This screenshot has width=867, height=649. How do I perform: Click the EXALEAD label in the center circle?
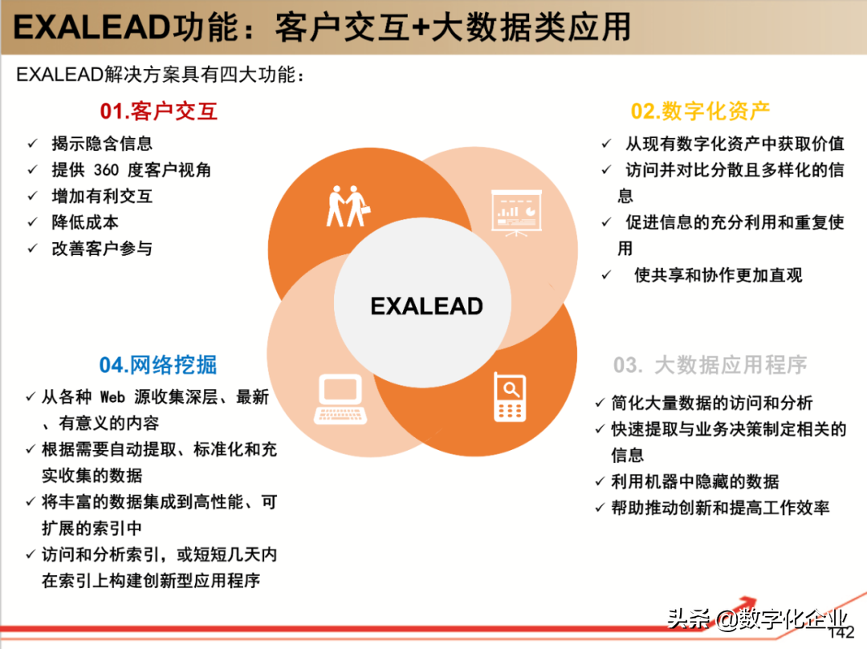click(x=426, y=306)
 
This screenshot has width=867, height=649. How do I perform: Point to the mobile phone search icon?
click(x=510, y=397)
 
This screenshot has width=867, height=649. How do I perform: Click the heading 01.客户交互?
click(x=159, y=111)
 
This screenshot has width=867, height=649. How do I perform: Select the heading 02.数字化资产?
click(x=701, y=111)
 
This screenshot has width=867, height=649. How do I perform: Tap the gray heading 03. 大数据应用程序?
click(x=710, y=366)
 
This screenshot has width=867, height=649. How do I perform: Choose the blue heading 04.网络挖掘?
click(x=158, y=365)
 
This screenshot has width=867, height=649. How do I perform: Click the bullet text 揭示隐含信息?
click(x=102, y=144)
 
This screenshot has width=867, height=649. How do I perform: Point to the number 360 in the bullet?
click(x=106, y=170)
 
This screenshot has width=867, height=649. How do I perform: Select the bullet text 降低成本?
click(x=85, y=222)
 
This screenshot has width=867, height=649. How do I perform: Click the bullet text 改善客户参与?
click(x=102, y=249)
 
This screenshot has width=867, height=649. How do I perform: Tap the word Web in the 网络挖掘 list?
click(x=113, y=397)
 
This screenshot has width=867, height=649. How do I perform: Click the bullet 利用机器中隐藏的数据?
click(x=695, y=481)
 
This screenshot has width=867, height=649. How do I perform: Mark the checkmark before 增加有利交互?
click(x=33, y=196)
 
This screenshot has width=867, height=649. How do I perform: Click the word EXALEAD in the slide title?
click(x=89, y=28)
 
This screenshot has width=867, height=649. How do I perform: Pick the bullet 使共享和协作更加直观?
click(x=718, y=275)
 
